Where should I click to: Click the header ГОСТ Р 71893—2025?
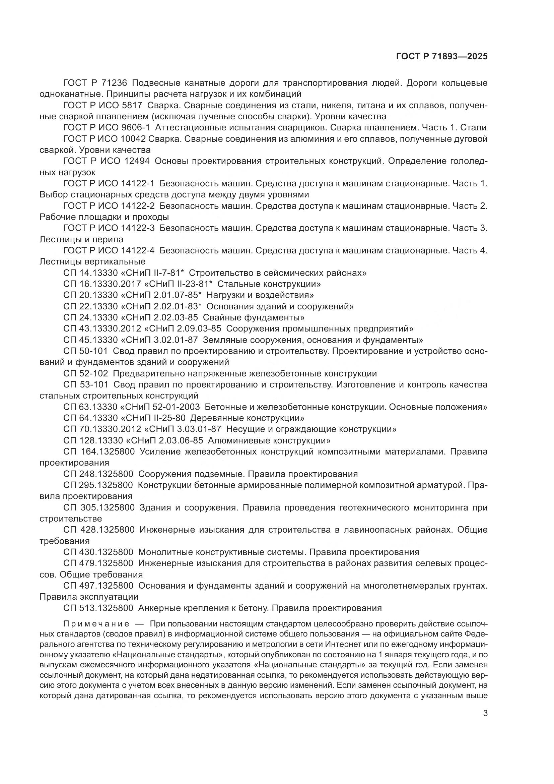click(x=441, y=57)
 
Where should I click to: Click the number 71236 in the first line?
click(x=114, y=83)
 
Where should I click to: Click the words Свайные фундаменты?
click(x=254, y=317)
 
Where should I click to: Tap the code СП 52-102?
click(x=86, y=373)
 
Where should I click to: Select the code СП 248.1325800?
click(x=98, y=474)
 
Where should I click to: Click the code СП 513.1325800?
click(x=98, y=608)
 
